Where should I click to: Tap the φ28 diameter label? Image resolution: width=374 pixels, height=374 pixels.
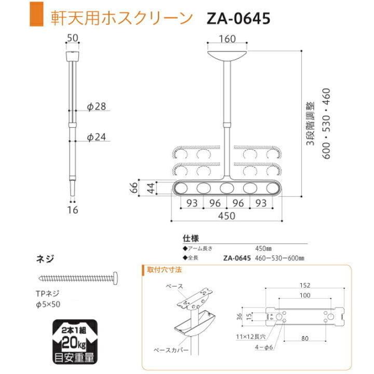[97, 107]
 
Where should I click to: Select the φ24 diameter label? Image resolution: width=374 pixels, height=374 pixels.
[97, 137]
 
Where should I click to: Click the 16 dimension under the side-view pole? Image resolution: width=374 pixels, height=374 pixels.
[72, 210]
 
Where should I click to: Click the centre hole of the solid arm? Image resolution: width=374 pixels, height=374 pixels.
[227, 188]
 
